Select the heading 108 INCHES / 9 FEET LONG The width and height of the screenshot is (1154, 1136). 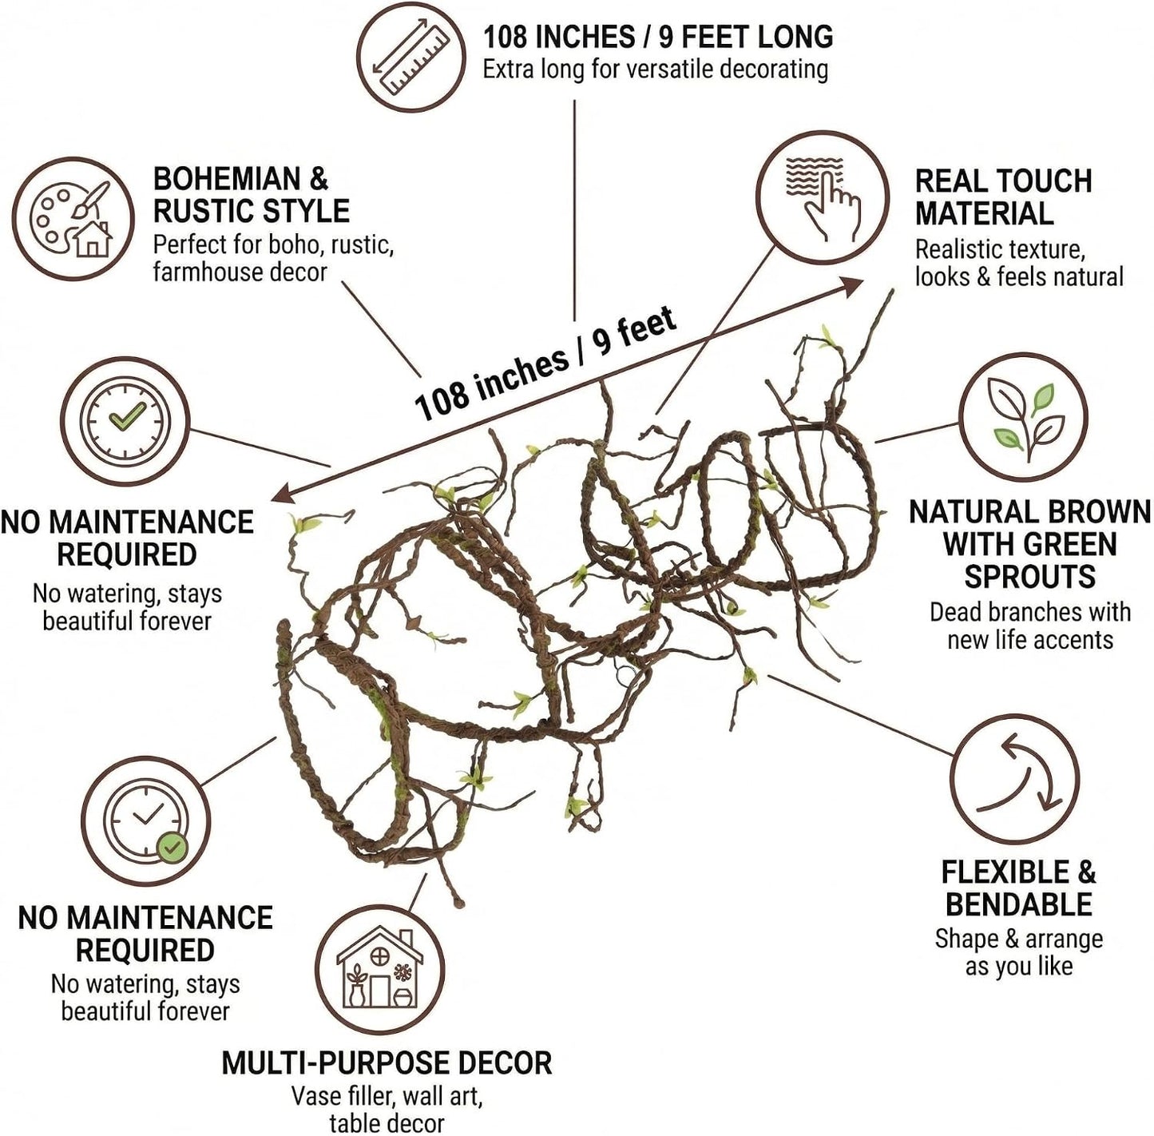tap(658, 37)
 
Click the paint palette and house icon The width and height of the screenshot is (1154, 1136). tap(73, 219)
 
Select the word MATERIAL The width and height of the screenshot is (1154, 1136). tap(985, 213)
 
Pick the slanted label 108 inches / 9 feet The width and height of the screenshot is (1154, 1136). tap(546, 365)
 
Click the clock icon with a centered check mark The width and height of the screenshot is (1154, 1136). tap(125, 421)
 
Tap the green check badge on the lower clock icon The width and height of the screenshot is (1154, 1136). tap(173, 847)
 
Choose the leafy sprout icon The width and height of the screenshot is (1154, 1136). tap(1024, 416)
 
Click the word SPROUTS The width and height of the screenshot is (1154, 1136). tap(1030, 576)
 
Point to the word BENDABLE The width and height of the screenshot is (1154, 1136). tap(1019, 904)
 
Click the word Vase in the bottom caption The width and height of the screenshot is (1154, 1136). tap(317, 1096)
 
